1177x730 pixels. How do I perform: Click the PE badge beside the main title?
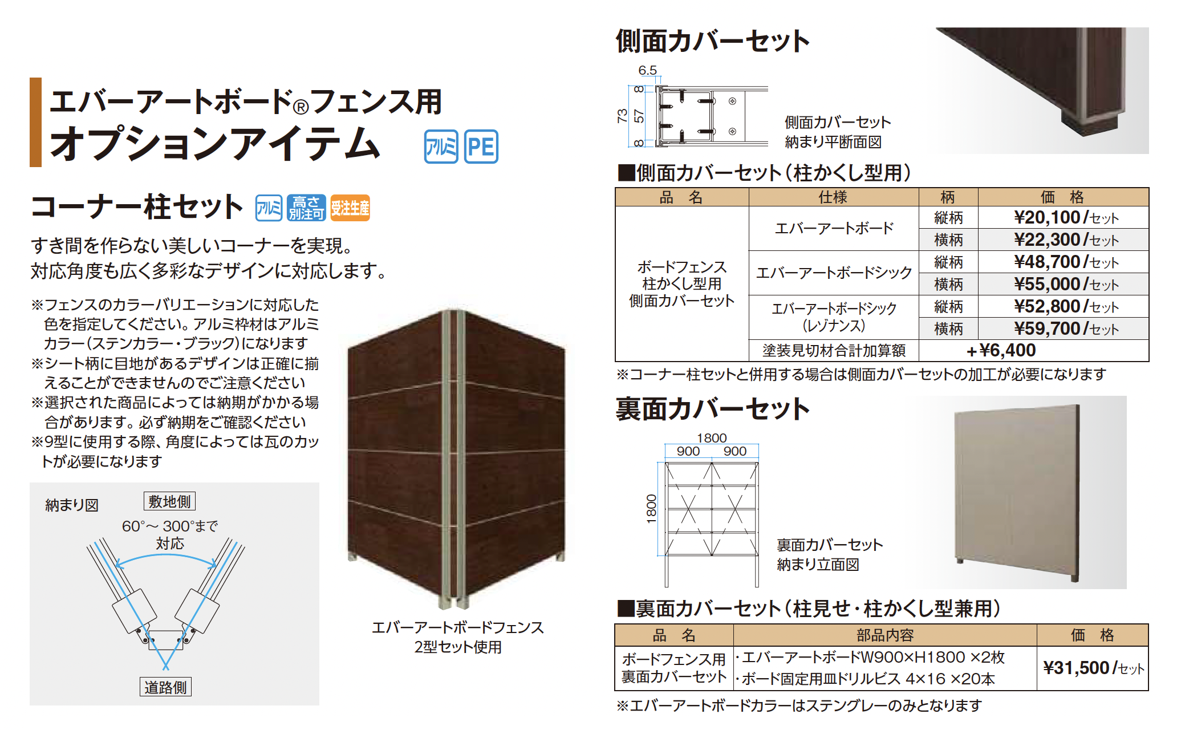point(481,147)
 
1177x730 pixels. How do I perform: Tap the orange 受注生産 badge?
point(350,208)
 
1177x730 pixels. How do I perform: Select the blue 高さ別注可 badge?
point(306,208)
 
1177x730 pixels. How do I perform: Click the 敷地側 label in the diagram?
point(169,501)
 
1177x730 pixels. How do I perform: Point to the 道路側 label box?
point(165,687)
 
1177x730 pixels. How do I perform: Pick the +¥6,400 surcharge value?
point(1001,350)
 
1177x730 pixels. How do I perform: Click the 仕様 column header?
point(833,197)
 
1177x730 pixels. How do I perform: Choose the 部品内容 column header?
point(884,635)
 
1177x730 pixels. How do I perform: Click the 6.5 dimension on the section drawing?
point(647,70)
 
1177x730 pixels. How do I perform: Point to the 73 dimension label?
point(622,116)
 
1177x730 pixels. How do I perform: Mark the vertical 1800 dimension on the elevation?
point(651,509)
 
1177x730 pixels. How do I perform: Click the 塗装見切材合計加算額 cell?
point(833,350)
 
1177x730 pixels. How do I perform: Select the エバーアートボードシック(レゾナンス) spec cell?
point(833,317)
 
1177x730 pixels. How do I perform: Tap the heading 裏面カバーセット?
point(712,409)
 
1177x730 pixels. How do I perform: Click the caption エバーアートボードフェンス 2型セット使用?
point(457,637)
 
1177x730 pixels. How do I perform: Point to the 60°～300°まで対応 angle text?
point(170,534)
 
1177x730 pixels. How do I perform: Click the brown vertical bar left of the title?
point(36,122)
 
